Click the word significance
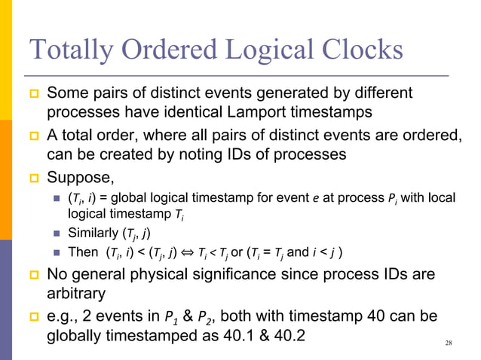[240, 273]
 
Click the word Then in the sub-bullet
[81, 252]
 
